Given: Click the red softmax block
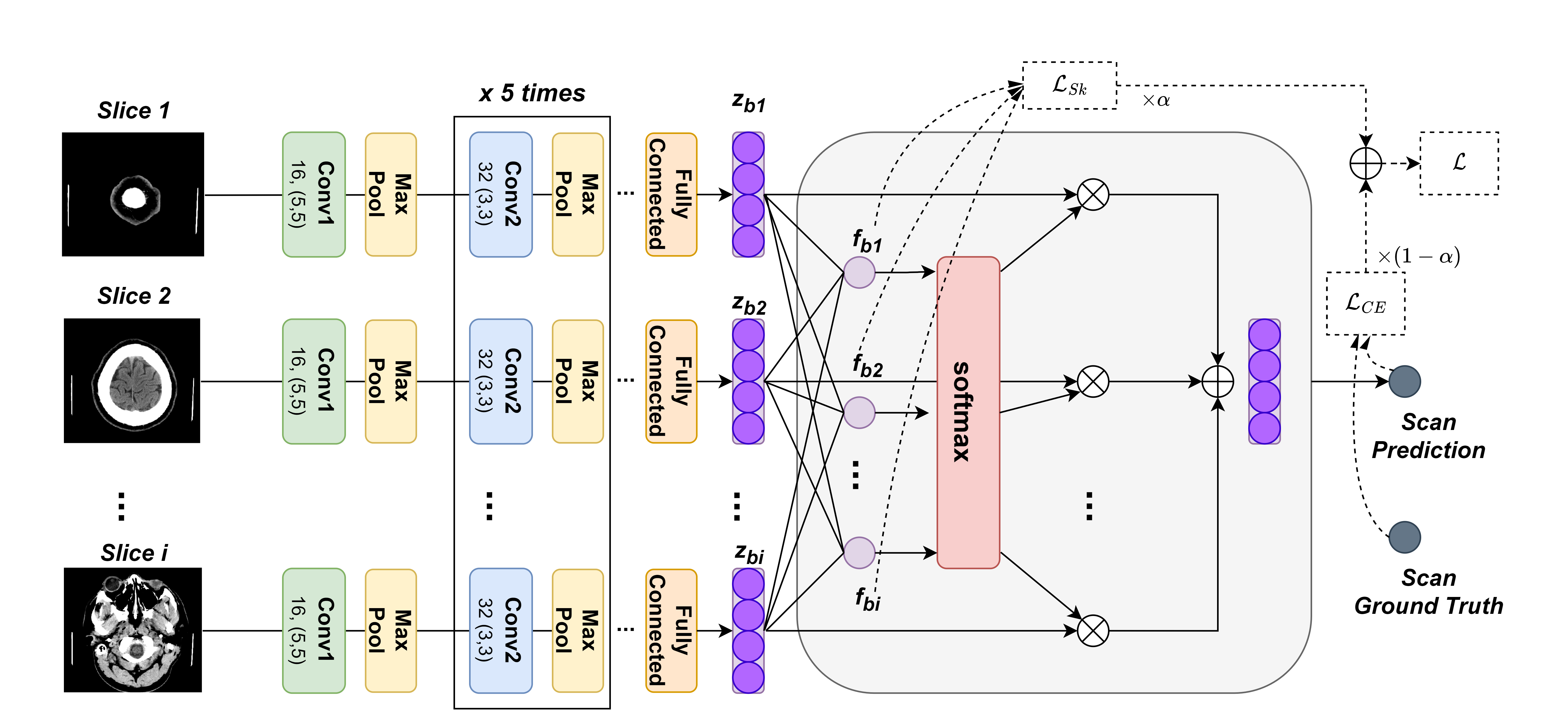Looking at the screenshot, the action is click(968, 412).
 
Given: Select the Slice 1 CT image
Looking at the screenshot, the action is click(133, 194).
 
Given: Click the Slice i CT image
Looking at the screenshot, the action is click(133, 630).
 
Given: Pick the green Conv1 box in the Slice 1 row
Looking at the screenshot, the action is click(314, 194).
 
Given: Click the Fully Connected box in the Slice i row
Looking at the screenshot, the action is click(671, 630).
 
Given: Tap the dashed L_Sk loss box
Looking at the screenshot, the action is click(1070, 85).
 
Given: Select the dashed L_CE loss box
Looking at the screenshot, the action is click(1366, 304).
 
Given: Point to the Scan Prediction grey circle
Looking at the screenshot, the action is click(1405, 381).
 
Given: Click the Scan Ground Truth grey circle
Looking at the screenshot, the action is click(1405, 537).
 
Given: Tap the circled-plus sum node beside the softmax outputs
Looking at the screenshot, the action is click(1218, 381).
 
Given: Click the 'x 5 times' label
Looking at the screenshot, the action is click(532, 93).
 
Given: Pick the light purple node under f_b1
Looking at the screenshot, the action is click(859, 272).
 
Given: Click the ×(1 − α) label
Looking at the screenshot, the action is click(1419, 257).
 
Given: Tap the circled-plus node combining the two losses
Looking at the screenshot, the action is click(1366, 163).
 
